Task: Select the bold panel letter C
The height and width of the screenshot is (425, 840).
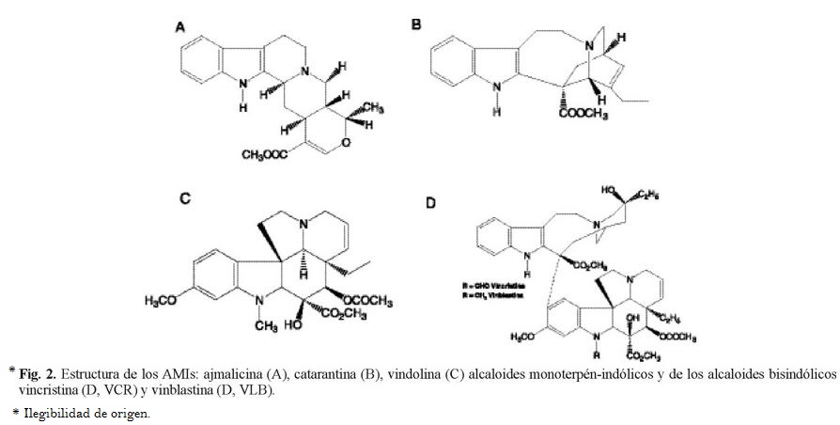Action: pyautogui.click(x=185, y=197)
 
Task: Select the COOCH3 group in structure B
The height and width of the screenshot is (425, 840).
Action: pyautogui.click(x=583, y=116)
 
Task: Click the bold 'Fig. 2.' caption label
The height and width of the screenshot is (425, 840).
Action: pyautogui.click(x=38, y=374)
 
